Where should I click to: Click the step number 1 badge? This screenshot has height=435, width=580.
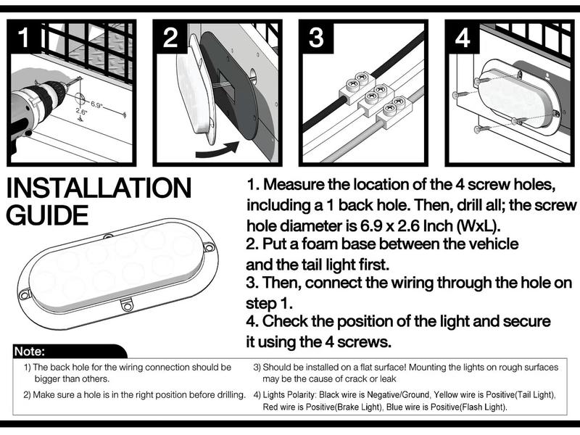(24, 37)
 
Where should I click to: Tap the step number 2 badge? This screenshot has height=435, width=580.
(170, 37)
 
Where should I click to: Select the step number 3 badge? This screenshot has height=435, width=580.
(316, 37)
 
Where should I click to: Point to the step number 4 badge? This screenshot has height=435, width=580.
(463, 37)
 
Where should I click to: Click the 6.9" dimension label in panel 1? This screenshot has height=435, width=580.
(96, 104)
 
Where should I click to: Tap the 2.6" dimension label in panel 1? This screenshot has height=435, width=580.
(81, 111)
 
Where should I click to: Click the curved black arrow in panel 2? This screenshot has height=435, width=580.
(217, 149)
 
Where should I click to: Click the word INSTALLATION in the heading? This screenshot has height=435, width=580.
(99, 188)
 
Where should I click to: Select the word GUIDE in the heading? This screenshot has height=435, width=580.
(47, 215)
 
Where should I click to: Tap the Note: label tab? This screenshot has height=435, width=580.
(30, 352)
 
